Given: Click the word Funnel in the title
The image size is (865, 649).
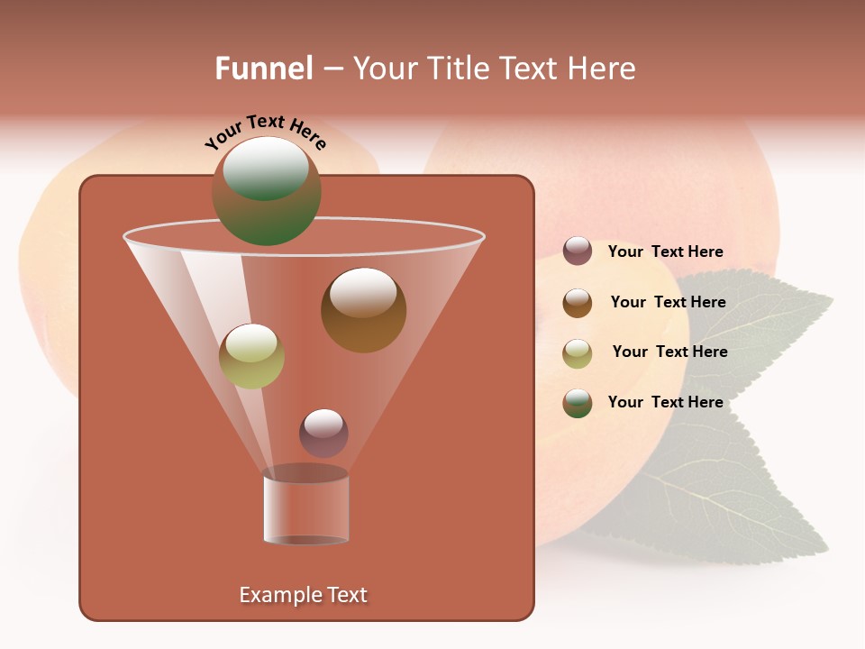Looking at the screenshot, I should click(263, 69).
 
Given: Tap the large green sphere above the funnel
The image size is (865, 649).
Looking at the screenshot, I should click(267, 191).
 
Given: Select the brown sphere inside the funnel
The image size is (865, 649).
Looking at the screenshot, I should click(363, 310).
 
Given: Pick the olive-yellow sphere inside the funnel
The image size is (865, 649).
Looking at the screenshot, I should click(251, 356).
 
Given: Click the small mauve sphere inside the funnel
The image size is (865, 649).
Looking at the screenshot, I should click(323, 433).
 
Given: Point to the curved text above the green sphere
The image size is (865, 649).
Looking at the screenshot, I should click(265, 132).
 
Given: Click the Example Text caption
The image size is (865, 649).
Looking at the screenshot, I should click(304, 595).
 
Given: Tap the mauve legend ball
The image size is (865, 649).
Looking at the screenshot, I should click(578, 251).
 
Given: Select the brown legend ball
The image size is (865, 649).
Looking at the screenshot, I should click(578, 303).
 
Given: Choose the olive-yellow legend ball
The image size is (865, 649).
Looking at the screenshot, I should click(578, 353).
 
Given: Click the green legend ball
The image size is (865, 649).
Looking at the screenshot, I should click(578, 403).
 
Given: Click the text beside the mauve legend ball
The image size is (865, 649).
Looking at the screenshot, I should click(665, 252).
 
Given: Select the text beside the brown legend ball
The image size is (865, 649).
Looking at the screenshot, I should click(668, 303).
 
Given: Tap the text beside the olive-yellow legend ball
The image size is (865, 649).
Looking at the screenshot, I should click(669, 352).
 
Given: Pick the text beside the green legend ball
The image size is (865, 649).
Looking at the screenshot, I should click(665, 402).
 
